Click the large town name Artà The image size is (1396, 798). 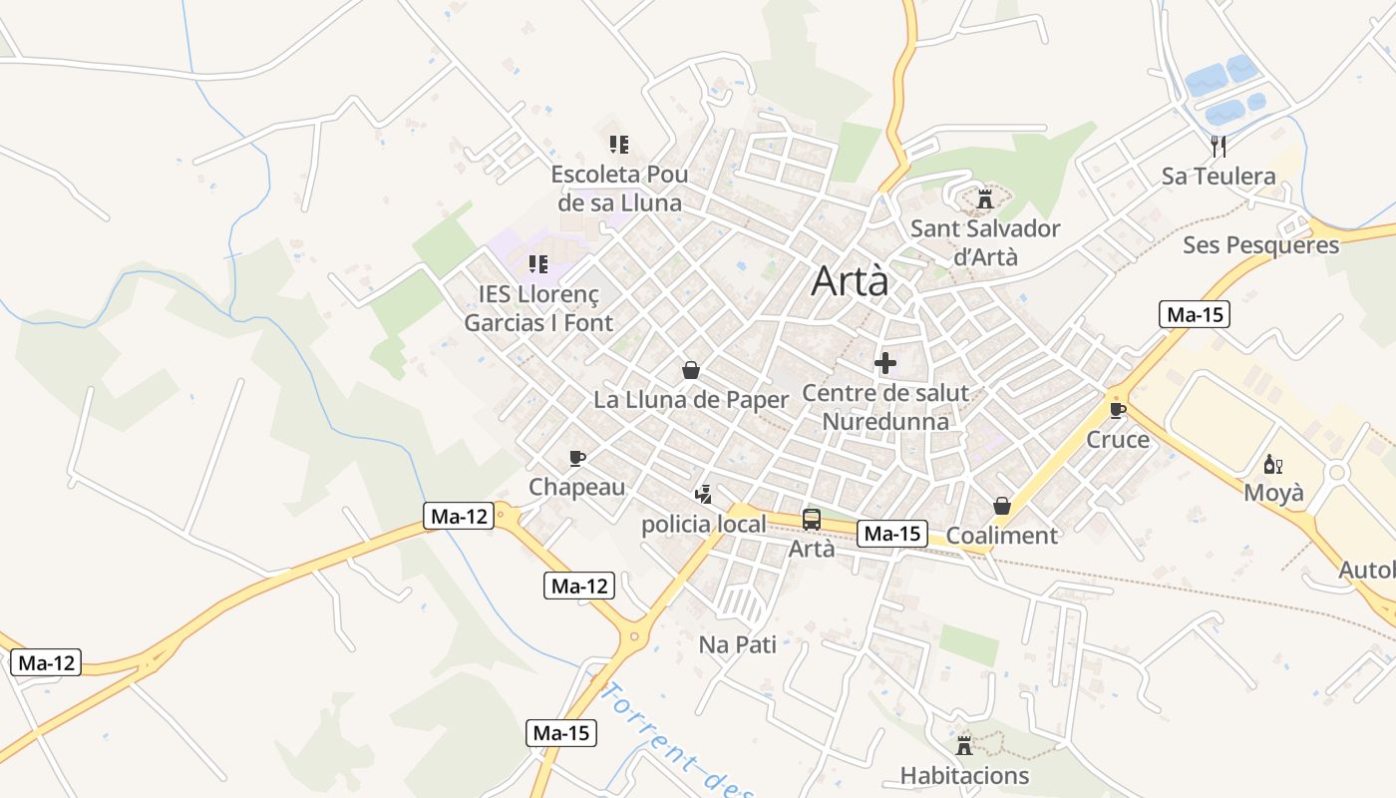point(850,281)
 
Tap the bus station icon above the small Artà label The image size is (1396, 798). point(812,519)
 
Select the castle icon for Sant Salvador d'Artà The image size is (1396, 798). point(985,199)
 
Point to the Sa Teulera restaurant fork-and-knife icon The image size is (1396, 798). point(1218,147)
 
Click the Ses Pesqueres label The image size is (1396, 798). point(1260,245)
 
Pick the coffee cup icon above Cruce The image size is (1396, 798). point(1117,410)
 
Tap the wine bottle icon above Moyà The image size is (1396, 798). point(1273,464)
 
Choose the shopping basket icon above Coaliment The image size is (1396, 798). point(1002,507)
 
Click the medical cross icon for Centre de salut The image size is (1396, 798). point(884,363)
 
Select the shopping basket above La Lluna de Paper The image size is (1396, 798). point(690,371)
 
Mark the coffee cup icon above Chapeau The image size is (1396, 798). point(576,458)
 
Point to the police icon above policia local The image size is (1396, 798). point(704,494)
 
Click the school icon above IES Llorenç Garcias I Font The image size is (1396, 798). point(538,264)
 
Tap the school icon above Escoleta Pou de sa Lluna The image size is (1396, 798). point(619,145)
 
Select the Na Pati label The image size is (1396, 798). point(737,644)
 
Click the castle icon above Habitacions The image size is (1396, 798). point(964,745)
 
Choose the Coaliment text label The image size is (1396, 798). point(1001,536)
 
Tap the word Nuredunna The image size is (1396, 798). point(884,421)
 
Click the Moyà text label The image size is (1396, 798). point(1273,493)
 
